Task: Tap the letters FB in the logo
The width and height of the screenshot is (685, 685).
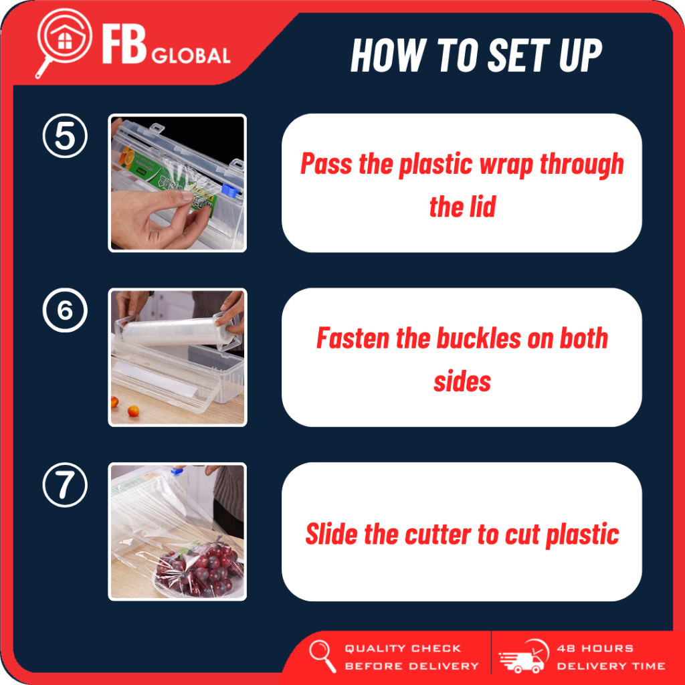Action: point(124,43)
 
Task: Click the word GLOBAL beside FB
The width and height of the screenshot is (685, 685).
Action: point(191,56)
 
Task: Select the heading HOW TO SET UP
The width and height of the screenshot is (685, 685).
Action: point(476,55)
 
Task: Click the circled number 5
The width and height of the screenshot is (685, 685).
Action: point(65,136)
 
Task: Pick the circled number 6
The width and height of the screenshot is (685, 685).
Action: point(65,310)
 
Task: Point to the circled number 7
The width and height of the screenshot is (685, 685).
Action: point(65,485)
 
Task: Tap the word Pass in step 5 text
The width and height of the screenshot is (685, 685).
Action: point(326,165)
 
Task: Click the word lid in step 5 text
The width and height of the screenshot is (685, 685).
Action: point(482,207)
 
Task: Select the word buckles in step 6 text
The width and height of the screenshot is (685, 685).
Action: point(479,338)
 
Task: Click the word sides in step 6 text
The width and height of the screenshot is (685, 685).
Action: point(462,382)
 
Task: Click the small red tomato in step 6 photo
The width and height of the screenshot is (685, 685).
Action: point(133,411)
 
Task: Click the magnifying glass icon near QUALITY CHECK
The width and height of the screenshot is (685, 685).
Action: point(322,656)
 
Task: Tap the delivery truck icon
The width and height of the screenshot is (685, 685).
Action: point(524,657)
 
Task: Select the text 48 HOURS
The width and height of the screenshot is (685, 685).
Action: point(595,648)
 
